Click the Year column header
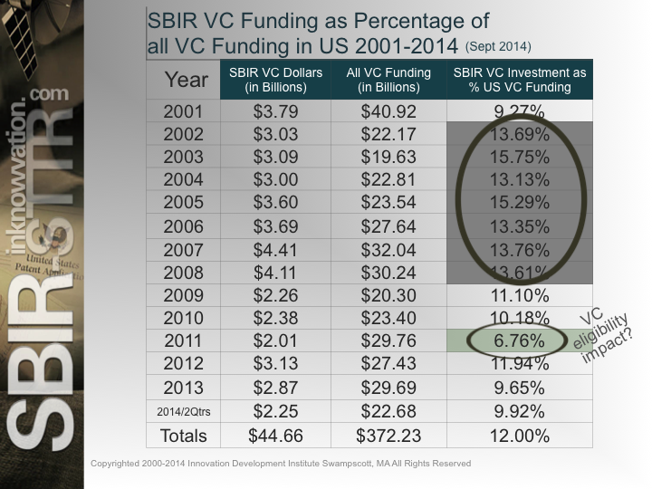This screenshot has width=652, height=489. (x=185, y=81)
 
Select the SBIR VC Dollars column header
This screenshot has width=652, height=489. (x=274, y=81)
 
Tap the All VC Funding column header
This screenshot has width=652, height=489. (x=388, y=81)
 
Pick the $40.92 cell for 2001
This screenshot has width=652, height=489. (x=388, y=113)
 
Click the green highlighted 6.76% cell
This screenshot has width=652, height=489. (x=519, y=341)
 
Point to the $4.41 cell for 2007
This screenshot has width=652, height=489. (x=274, y=250)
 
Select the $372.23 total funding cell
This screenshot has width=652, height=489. (x=388, y=435)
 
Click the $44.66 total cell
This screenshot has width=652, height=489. (x=274, y=435)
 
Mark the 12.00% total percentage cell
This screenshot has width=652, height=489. (x=519, y=435)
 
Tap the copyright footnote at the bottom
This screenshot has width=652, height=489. (x=281, y=464)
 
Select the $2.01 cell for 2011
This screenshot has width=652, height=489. (x=274, y=341)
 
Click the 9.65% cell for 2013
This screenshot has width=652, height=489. (x=519, y=388)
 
